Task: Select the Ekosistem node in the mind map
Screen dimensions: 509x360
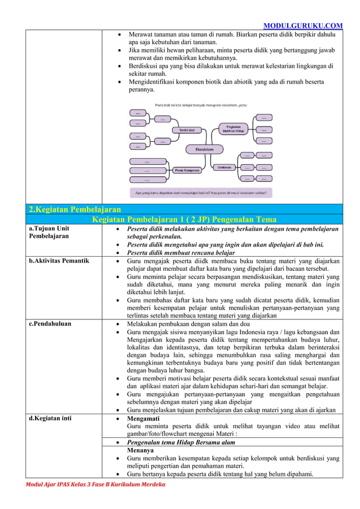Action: click(x=204, y=149)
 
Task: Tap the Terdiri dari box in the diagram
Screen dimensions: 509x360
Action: click(x=187, y=130)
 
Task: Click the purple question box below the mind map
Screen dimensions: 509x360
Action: click(x=201, y=192)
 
